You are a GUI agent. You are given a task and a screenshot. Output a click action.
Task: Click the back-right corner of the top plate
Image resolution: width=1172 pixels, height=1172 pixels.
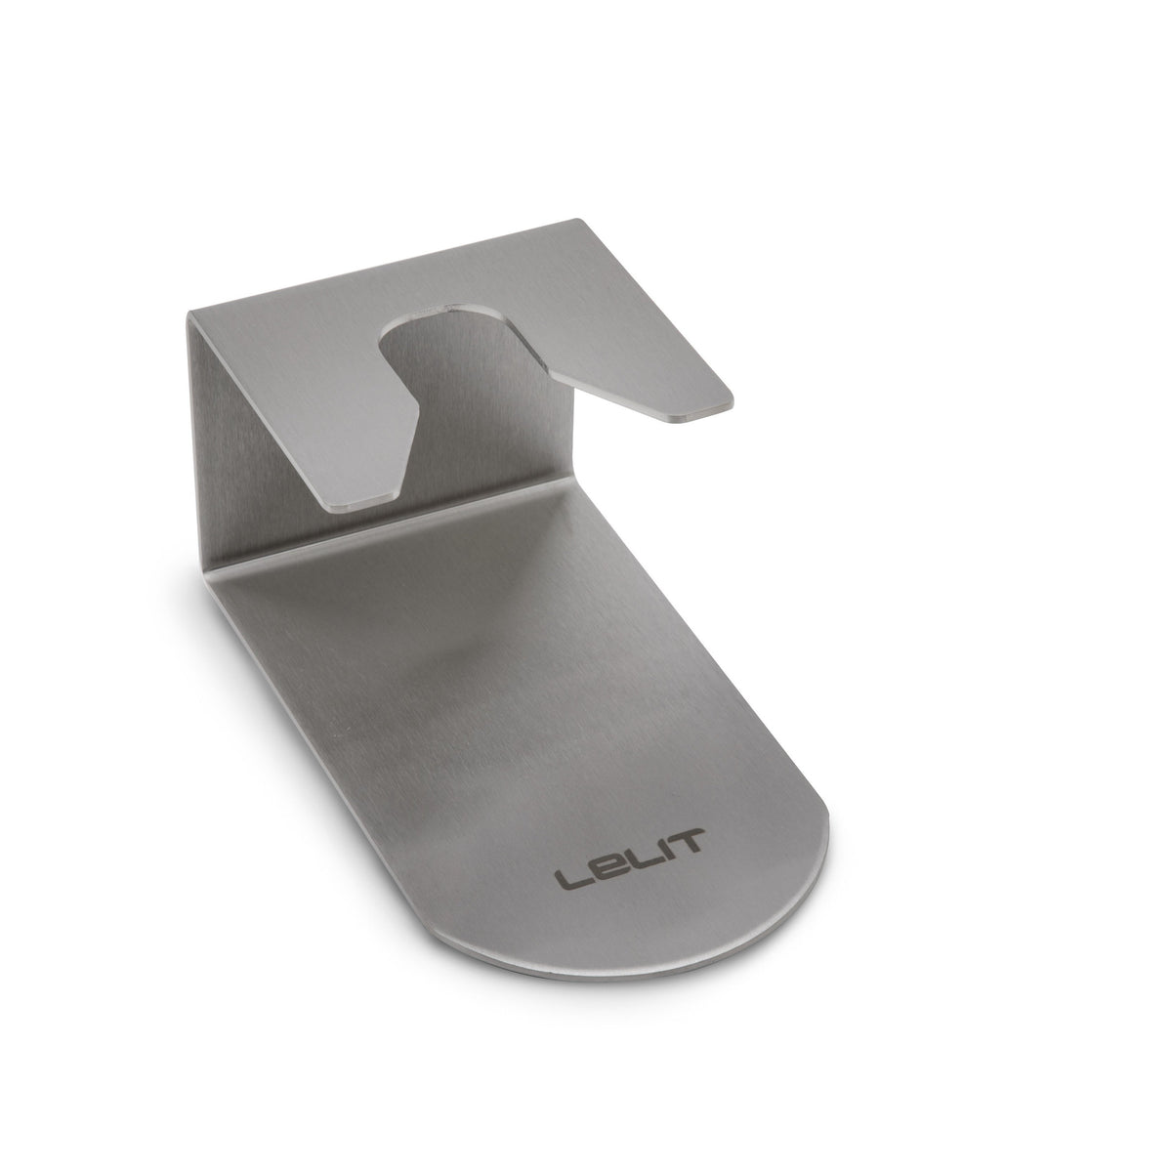[x=575, y=219]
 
